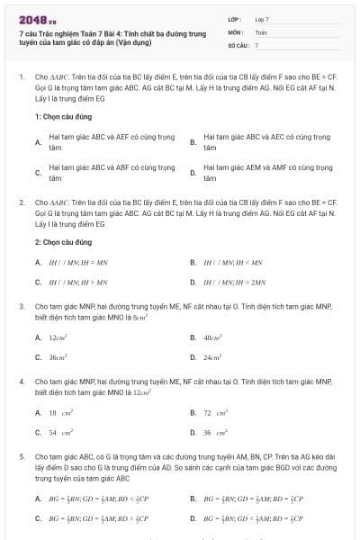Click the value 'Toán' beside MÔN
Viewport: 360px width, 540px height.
(261, 31)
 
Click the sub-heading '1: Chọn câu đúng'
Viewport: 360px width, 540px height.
(63, 117)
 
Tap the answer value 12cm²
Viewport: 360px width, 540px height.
(59, 337)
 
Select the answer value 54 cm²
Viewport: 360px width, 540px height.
(60, 432)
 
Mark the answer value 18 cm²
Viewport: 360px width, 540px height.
(60, 412)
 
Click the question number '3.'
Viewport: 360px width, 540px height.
(22, 306)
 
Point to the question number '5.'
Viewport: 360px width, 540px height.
(22, 457)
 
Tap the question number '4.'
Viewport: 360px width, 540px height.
(22, 382)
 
